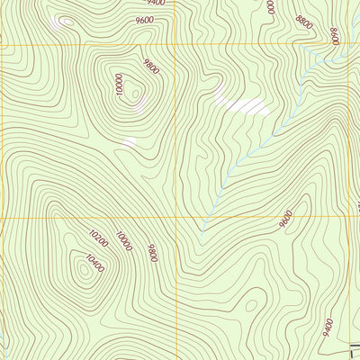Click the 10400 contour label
(93, 263)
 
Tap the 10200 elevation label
(98, 238)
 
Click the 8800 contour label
(304, 22)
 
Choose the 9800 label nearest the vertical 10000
(150, 67)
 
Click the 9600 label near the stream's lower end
(286, 219)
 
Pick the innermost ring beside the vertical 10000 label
(135, 90)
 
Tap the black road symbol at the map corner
(352, 352)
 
